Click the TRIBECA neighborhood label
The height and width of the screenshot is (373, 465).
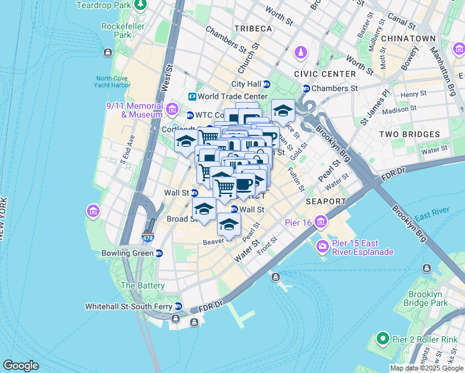pyautogui.click(x=254, y=29)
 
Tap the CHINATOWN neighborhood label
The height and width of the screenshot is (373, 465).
pyautogui.click(x=408, y=39)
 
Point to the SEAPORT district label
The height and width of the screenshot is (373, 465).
pyautogui.click(x=325, y=201)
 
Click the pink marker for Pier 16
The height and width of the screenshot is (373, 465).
pyautogui.click(x=321, y=221)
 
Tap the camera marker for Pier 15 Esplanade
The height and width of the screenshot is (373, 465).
pyautogui.click(x=323, y=247)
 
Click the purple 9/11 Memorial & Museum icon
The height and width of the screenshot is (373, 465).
pyautogui.click(x=173, y=110)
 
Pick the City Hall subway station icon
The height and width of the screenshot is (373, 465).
pyautogui.click(x=267, y=84)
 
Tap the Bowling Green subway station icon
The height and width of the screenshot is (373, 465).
pyautogui.click(x=159, y=253)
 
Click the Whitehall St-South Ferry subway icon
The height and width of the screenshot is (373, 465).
pyautogui.click(x=178, y=306)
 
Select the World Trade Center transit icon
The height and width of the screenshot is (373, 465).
pyautogui.click(x=193, y=96)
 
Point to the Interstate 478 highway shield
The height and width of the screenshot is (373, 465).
pyautogui.click(x=147, y=237)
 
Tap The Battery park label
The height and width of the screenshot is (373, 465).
pyautogui.click(x=143, y=285)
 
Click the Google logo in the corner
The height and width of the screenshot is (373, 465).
pyautogui.click(x=21, y=366)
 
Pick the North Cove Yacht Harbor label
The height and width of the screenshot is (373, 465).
pyautogui.click(x=113, y=82)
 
